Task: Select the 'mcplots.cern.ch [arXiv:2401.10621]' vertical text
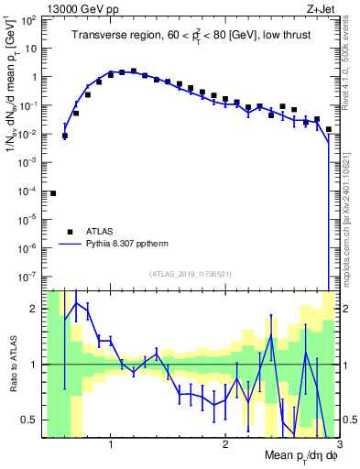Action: coord(345,211)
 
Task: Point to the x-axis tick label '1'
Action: coord(111,445)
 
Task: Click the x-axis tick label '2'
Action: coord(224,445)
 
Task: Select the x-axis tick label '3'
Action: coord(337,445)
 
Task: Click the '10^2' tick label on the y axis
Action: coord(32,20)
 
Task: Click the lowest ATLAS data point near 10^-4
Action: coord(53,193)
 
